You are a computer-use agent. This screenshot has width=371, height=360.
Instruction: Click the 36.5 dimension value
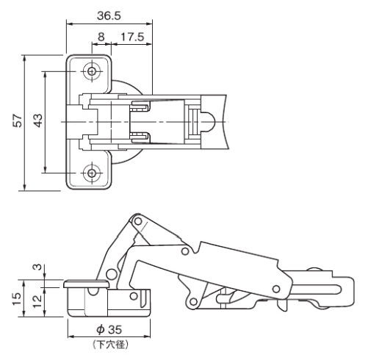[x=109, y=15]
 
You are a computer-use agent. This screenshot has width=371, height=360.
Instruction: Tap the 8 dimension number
[x=101, y=37]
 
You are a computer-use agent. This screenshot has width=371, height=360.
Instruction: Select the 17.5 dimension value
[x=132, y=37]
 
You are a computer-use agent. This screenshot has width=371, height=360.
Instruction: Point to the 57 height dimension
[x=18, y=120]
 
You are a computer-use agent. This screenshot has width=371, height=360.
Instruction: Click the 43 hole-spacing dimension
[x=38, y=120]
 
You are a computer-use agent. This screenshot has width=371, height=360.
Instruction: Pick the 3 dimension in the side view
[x=37, y=267]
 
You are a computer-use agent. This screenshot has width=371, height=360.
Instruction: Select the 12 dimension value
[x=37, y=302]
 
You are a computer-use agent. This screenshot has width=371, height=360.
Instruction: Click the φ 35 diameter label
[x=109, y=330]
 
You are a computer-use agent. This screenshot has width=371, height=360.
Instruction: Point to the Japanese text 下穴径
[x=110, y=345]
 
